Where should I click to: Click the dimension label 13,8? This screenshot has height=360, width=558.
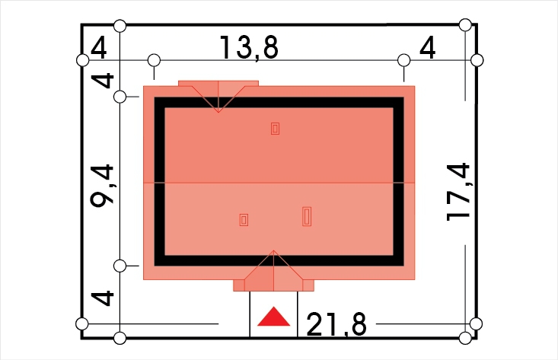pos(249,47)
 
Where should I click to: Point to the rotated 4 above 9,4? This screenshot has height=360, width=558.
pos(103,81)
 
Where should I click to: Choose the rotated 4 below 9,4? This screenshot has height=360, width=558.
pos(103,298)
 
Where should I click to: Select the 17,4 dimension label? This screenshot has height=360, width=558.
pos(459,192)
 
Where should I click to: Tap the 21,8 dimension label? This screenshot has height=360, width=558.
pos(336,324)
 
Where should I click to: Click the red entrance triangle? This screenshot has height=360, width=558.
pos(273,317)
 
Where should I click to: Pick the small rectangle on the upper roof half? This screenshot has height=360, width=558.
pos(275,129)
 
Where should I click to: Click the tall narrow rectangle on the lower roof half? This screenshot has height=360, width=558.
pos(307,217)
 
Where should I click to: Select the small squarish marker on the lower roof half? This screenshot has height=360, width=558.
pos(244,220)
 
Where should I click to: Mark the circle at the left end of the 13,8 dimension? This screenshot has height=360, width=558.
pos(154,60)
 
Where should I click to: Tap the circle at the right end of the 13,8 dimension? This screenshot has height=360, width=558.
pos(403,60)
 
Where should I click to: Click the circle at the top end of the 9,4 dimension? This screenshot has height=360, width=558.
pos(120,97)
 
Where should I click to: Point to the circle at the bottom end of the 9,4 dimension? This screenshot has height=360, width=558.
pos(120,266)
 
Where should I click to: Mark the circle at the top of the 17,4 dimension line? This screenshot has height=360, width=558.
pos(465,25)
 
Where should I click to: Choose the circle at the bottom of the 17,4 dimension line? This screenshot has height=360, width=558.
pos(465,338)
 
